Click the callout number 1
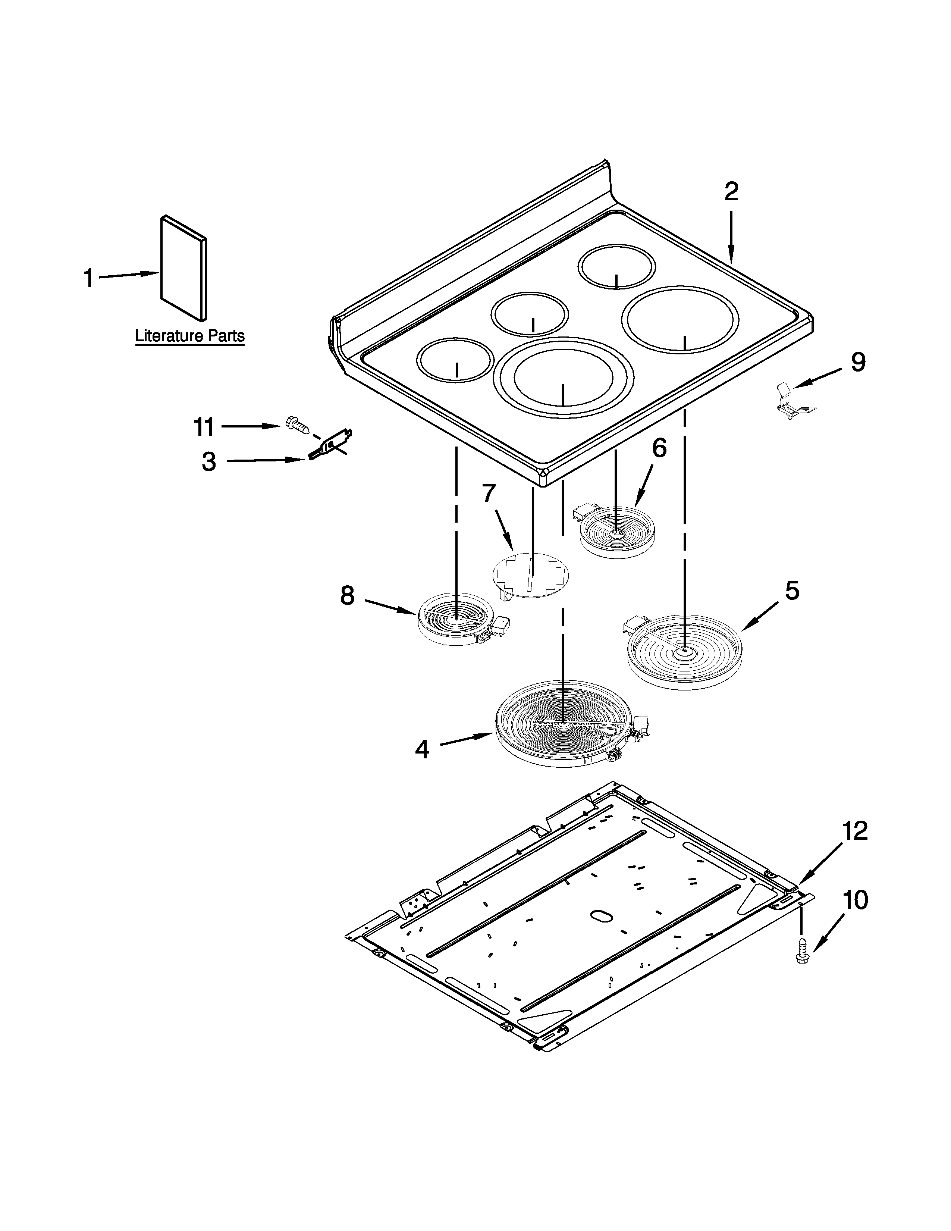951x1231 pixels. pyautogui.click(x=88, y=278)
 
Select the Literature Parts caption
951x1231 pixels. pyautogui.click(x=190, y=336)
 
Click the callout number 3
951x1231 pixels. pyautogui.click(x=209, y=462)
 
